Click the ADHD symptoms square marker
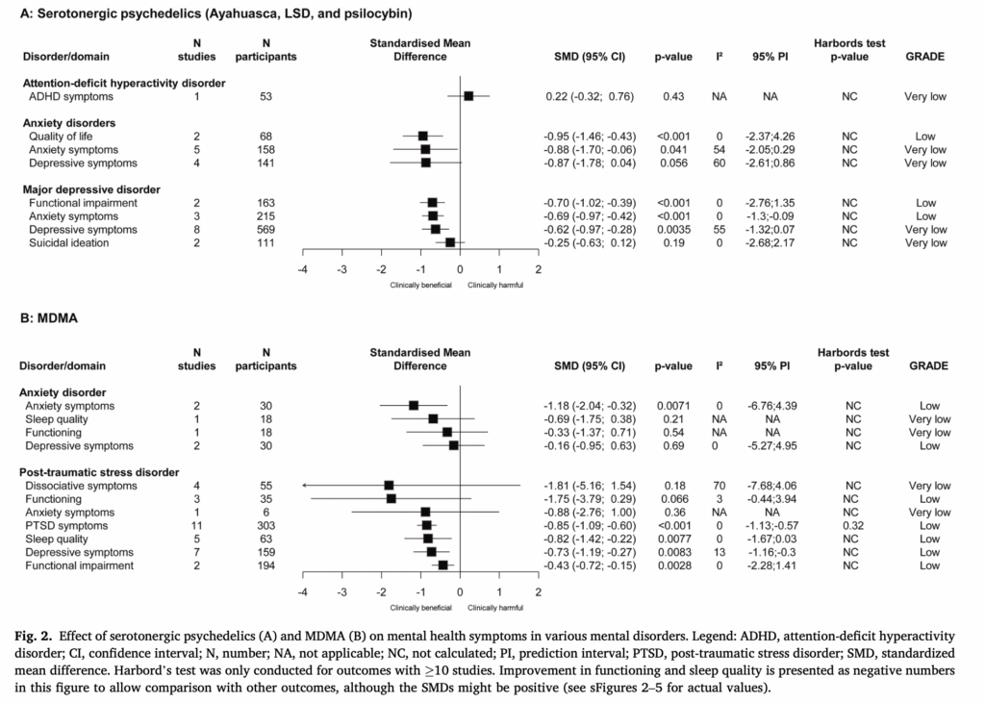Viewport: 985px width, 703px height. tap(468, 96)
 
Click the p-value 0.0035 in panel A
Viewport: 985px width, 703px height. tap(673, 230)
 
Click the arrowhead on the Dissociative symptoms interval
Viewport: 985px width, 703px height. tap(304, 486)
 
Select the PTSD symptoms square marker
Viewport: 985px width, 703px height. tap(426, 526)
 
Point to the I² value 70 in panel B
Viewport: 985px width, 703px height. tap(719, 486)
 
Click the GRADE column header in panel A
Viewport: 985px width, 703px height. tap(925, 57)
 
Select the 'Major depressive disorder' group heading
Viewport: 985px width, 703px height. tap(90, 189)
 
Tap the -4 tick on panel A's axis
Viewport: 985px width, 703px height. tap(302, 269)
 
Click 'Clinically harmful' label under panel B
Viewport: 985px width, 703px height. tap(496, 607)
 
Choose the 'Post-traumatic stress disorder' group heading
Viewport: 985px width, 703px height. tap(101, 472)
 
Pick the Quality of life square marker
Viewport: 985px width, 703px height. tap(422, 137)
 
